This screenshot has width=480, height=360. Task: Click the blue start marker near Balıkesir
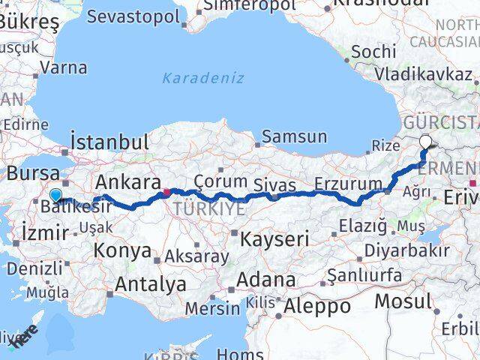coord(55,196)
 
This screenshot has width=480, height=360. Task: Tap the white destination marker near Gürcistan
coord(426,141)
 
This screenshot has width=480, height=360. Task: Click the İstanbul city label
coord(109,142)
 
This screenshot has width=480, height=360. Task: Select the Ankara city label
coord(127,182)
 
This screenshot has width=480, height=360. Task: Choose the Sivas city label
coord(274,184)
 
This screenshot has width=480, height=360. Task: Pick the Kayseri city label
coord(275,240)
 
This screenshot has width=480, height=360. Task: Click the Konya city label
coord(122,250)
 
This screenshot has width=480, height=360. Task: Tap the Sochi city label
coord(373,51)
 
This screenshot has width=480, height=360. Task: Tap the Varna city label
coord(63,67)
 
